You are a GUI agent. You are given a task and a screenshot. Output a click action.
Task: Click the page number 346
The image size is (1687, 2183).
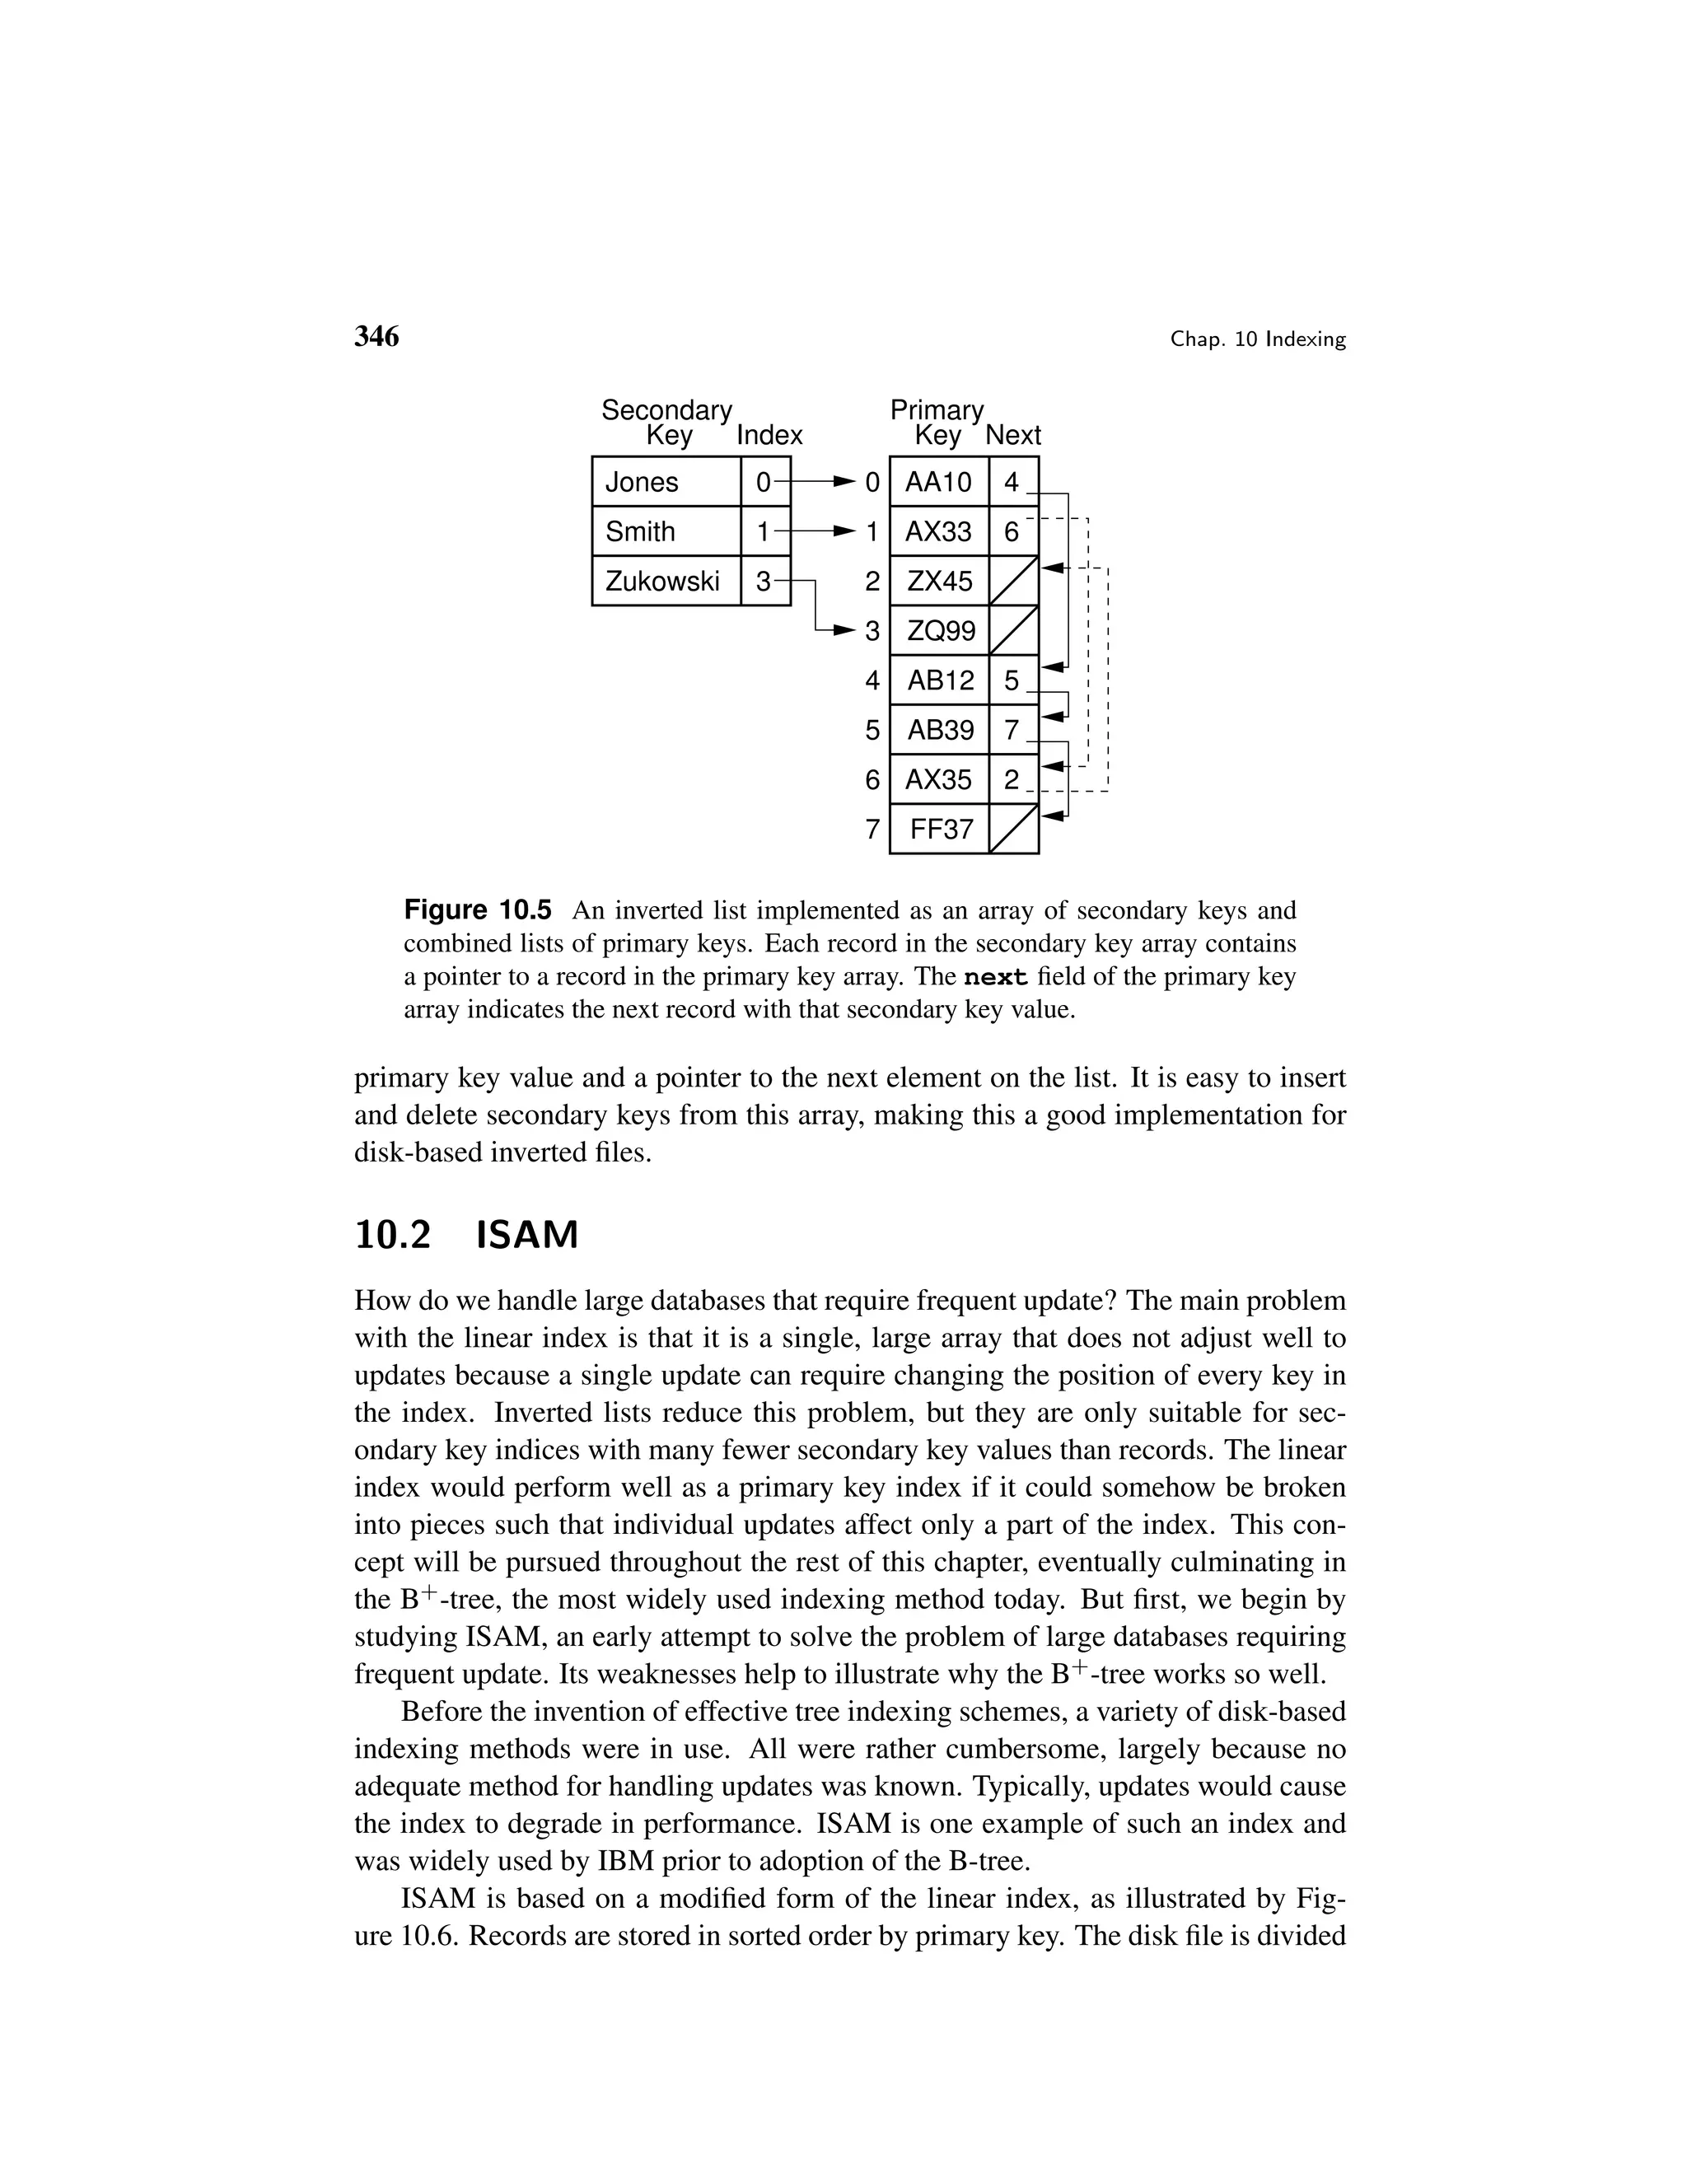[x=376, y=337]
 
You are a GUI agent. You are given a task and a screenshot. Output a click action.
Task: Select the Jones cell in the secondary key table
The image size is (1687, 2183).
[x=666, y=482]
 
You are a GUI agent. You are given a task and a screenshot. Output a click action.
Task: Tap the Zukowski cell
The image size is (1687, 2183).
[x=666, y=581]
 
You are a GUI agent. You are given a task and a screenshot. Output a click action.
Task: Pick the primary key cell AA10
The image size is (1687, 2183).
[x=937, y=482]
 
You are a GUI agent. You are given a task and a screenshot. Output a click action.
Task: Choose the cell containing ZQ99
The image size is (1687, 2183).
[x=937, y=631]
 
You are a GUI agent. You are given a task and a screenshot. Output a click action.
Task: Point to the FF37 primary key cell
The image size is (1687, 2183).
[x=937, y=829]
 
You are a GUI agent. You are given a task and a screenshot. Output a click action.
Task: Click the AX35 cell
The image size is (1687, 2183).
[x=937, y=779]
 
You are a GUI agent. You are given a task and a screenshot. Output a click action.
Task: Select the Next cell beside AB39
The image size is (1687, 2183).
[x=1012, y=730]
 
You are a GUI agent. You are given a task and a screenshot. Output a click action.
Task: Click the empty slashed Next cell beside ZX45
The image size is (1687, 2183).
[x=1012, y=581]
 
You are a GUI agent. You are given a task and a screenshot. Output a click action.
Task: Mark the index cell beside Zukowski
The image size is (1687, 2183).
[x=764, y=581]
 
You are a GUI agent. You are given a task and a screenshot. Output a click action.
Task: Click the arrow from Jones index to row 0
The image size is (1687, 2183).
[x=825, y=483]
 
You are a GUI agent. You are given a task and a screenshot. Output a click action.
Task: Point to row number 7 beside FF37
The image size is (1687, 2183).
[x=872, y=829]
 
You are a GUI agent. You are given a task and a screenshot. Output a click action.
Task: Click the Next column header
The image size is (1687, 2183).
[x=1012, y=436]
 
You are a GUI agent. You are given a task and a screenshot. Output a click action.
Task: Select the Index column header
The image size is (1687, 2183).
[x=769, y=436]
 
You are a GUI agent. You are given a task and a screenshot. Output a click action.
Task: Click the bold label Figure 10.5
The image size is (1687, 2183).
[x=477, y=910]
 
